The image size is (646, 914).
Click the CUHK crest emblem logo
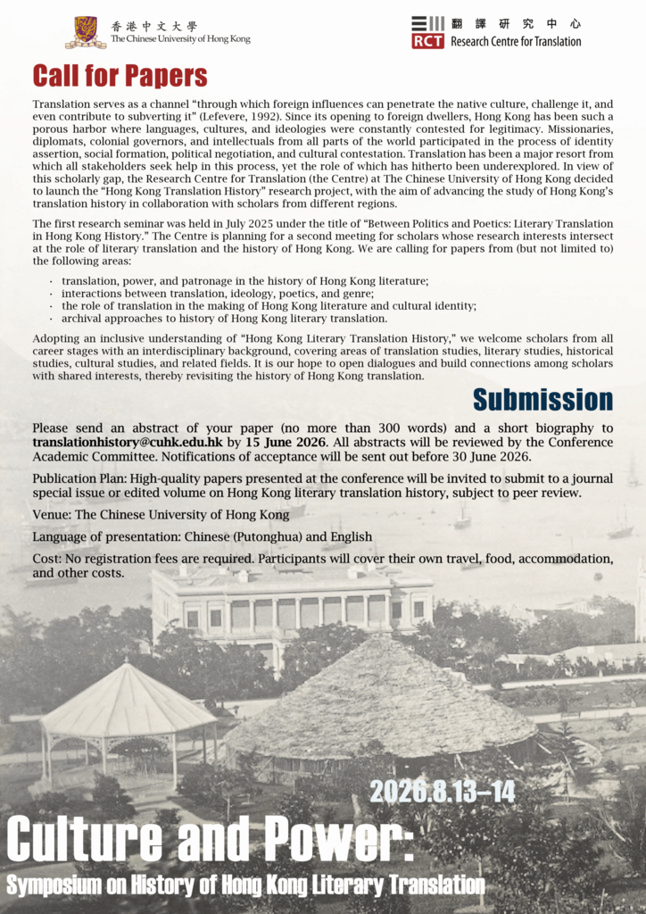(86, 32)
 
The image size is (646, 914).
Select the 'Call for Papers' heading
(120, 77)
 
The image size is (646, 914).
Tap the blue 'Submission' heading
(542, 399)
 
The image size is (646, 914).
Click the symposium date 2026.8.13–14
(442, 791)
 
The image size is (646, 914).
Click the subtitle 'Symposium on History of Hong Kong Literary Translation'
(245, 885)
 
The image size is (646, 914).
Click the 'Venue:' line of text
(161, 515)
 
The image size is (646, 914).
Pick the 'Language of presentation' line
(202, 537)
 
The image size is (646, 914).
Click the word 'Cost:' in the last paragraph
(49, 559)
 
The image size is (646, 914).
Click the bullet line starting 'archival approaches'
(224, 319)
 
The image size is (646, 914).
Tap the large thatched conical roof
(379, 695)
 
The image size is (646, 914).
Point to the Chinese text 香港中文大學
(153, 26)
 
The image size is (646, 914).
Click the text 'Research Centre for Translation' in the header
(516, 41)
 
